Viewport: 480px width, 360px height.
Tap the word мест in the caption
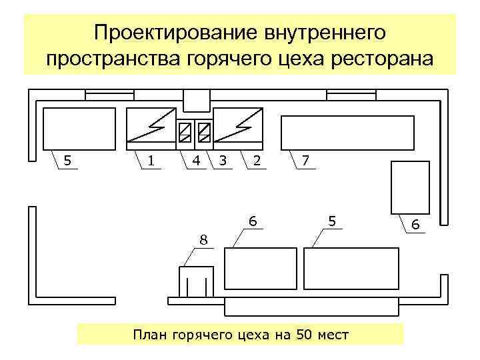tap(333, 334)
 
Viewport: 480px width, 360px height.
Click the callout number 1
tap(152, 160)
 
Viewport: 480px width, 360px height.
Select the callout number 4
tap(196, 160)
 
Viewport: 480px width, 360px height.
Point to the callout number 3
tap(223, 160)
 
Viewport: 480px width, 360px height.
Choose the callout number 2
tap(257, 160)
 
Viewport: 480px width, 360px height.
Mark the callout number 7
tap(305, 160)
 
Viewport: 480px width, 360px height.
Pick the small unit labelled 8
tap(196, 281)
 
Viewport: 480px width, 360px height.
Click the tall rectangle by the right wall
tap(409, 187)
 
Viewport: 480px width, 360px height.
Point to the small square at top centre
tap(196, 100)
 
